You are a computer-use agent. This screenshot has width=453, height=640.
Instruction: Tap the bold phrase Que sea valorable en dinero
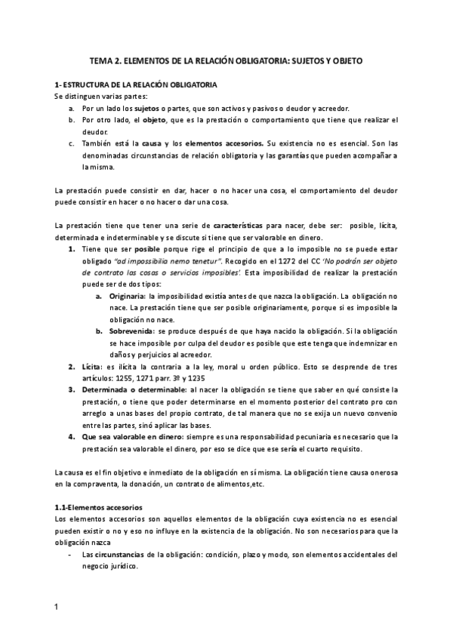(131, 436)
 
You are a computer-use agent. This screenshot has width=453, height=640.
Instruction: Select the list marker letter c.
(70, 143)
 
